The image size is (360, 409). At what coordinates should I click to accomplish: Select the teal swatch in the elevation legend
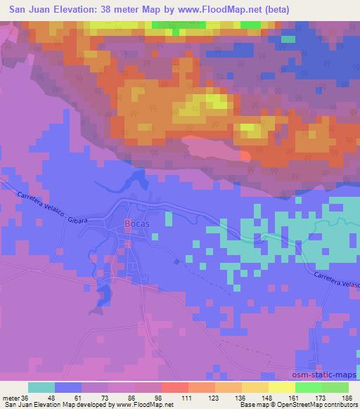[42, 387]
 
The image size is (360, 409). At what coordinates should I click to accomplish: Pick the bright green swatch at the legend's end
[335, 387]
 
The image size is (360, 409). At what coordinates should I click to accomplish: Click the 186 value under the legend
[347, 397]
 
